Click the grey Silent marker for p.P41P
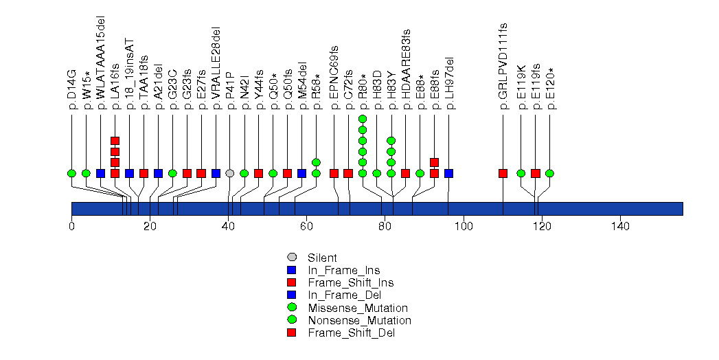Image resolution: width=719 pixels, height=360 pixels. (230, 173)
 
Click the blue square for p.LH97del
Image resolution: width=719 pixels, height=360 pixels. (448, 173)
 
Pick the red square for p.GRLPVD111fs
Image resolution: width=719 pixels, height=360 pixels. (503, 173)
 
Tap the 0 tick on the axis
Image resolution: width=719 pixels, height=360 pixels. (71, 227)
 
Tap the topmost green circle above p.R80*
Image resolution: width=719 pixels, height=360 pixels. (363, 119)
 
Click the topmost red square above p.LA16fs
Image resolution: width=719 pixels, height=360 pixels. (115, 141)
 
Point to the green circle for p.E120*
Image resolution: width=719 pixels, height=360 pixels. (549, 173)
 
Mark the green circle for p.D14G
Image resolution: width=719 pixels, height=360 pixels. (71, 173)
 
